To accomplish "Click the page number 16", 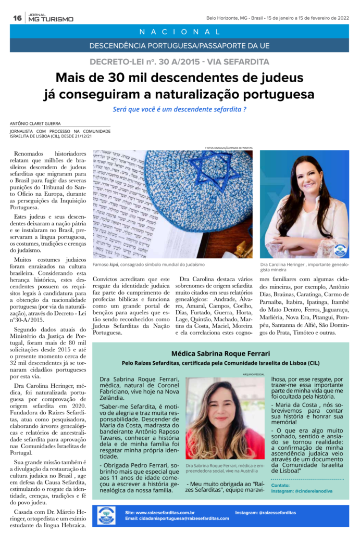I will [x=17, y=18].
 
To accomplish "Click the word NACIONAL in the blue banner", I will [x=179, y=32].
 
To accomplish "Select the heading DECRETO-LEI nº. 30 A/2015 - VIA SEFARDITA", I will [x=179, y=62].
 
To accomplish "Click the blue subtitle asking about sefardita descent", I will [x=179, y=109].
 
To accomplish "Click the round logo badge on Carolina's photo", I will [x=340, y=249].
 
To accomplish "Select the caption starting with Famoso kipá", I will [x=148, y=264].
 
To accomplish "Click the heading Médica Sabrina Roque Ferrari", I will [x=221, y=353].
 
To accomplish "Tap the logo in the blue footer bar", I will [x=106, y=515].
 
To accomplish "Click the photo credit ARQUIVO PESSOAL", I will [x=254, y=374].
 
